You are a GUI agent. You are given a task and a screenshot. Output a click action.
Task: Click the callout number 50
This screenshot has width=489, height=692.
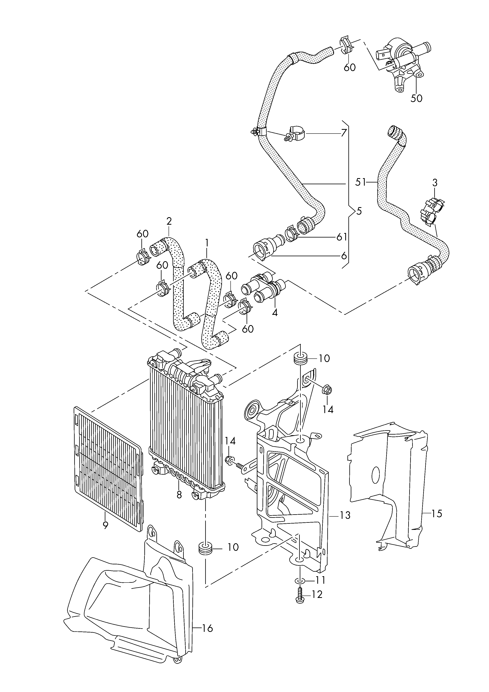click(417, 98)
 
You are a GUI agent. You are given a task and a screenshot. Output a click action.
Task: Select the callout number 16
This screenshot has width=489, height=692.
click(207, 628)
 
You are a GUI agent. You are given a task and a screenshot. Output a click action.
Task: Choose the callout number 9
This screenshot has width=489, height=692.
click(105, 525)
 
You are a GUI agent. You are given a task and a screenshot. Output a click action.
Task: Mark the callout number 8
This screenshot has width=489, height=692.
click(179, 495)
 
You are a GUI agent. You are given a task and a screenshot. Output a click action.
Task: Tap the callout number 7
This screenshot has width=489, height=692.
click(344, 133)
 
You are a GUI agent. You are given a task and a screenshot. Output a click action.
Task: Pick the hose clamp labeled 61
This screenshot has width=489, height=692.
click(291, 234)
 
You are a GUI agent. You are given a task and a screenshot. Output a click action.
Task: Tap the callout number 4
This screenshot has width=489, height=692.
click(275, 313)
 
